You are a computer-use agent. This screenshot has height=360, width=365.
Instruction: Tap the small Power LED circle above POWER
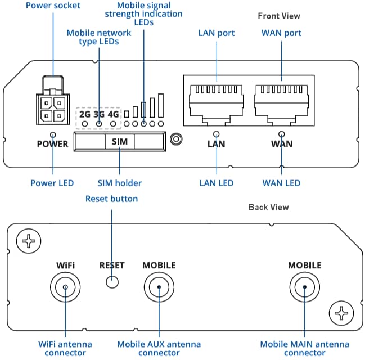pyautogui.click(x=53, y=135)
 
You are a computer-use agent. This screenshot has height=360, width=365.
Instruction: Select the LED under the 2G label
pyautogui.click(x=85, y=123)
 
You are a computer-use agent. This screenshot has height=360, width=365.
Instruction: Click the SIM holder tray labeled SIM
pyautogui.click(x=119, y=142)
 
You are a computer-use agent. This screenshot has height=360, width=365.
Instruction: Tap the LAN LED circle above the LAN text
pyautogui.click(x=217, y=135)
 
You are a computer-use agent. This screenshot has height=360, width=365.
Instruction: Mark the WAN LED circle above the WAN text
pyautogui.click(x=282, y=135)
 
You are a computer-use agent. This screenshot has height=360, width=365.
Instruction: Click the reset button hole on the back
pyautogui.click(x=112, y=283)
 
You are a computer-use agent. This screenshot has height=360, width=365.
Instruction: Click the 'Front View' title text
pyautogui.click(x=279, y=16)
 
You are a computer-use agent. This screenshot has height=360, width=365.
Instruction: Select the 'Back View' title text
pyautogui.click(x=268, y=207)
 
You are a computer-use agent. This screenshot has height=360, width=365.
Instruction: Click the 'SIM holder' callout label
pyautogui.click(x=120, y=183)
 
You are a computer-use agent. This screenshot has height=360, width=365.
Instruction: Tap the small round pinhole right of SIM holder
pyautogui.click(x=177, y=138)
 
